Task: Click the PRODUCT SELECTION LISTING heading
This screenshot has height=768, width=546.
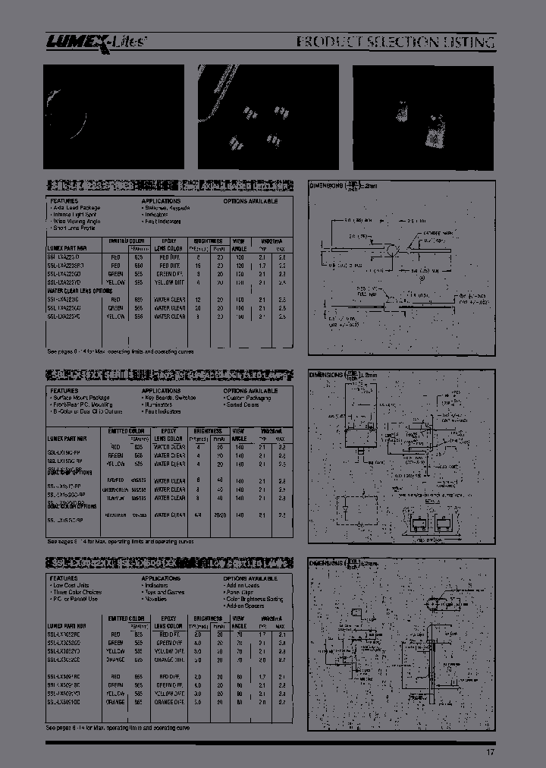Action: [x=394, y=42]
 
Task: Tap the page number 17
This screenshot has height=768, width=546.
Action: [x=491, y=752]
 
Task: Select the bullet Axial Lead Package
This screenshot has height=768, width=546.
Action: [x=80, y=207]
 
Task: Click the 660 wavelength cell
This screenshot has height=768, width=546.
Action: [x=137, y=266]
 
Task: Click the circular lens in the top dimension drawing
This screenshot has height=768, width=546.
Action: [x=391, y=251]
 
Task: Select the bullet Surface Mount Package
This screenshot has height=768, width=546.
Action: [x=81, y=398]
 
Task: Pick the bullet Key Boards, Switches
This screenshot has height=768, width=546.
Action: [x=170, y=398]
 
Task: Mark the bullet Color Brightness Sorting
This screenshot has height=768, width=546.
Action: [x=254, y=599]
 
